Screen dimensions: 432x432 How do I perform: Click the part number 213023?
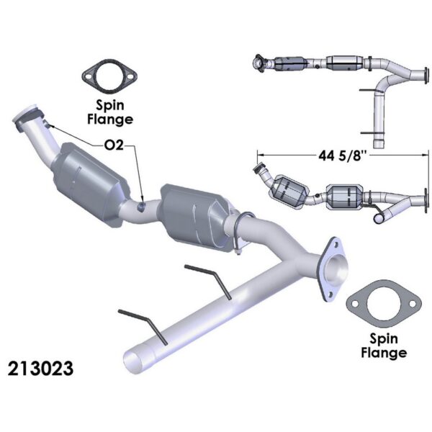coord(40,369)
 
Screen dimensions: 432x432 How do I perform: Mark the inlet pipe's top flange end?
coord(30,118)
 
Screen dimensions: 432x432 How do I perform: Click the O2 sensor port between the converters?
coord(143,207)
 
